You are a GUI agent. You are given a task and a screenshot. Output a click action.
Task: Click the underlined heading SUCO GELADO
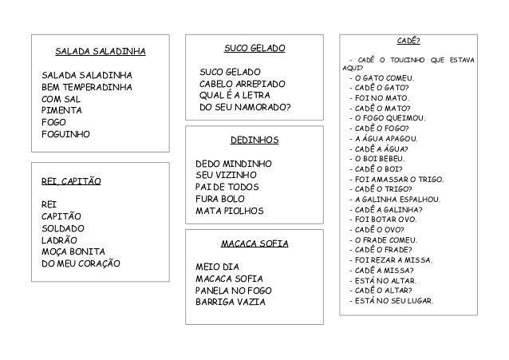point(254,49)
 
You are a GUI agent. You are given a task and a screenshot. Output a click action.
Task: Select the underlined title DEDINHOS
point(254,140)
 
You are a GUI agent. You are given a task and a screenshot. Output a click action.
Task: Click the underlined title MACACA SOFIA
point(253,243)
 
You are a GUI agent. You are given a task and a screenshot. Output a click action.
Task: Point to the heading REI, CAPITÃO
point(71,182)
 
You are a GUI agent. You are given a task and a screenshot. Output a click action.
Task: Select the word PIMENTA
point(60,109)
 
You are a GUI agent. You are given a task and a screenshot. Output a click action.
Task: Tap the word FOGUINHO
point(66,134)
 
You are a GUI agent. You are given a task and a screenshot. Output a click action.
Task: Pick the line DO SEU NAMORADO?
point(245,107)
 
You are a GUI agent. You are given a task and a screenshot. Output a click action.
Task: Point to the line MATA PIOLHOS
point(229,212)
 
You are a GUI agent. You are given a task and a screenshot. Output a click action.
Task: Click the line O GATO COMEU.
point(384,77)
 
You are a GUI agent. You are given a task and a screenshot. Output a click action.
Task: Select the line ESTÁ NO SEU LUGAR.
point(393,301)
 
